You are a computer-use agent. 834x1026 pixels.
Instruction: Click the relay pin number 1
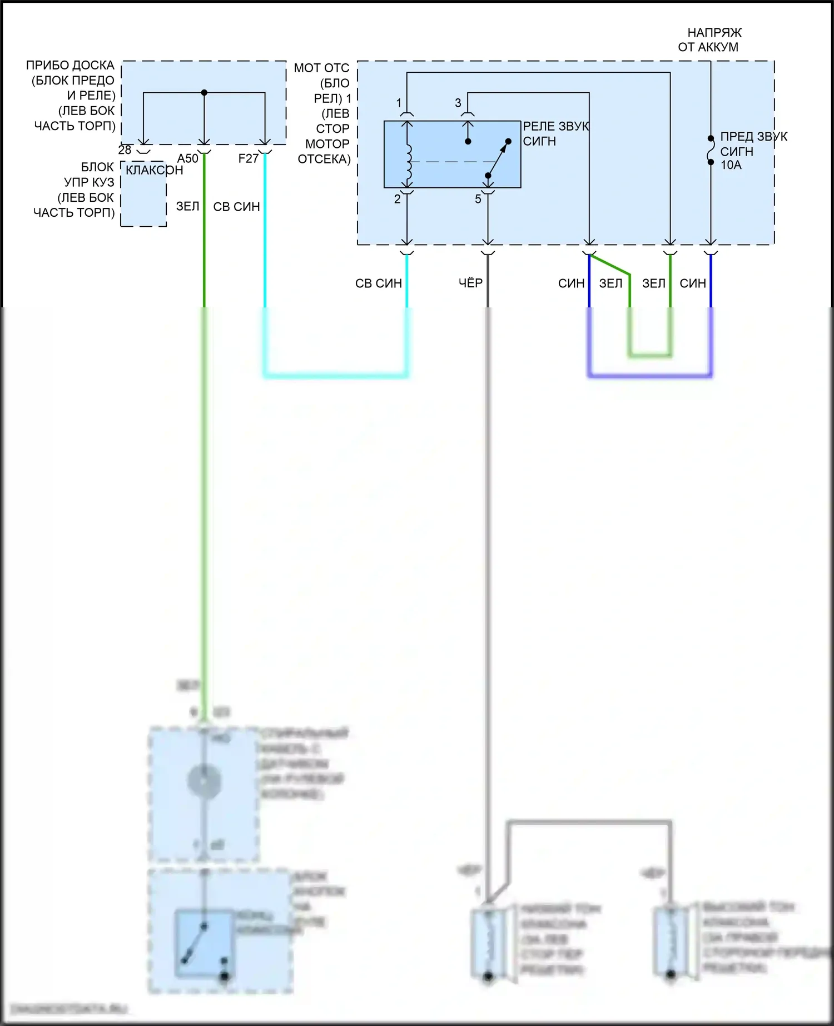coord(399,103)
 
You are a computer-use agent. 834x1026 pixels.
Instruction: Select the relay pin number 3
coord(458,103)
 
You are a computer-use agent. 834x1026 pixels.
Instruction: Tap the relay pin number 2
coord(398,199)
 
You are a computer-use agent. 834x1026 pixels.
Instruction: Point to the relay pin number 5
coord(478,199)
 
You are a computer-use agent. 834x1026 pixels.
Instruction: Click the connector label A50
coord(188,158)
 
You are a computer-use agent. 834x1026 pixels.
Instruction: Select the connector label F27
coord(249,158)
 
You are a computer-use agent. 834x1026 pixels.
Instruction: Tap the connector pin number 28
coord(125,150)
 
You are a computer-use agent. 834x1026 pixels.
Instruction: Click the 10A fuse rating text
coord(731,165)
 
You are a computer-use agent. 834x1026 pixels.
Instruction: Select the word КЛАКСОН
coord(154,170)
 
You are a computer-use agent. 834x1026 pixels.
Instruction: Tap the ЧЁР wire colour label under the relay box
coord(470,283)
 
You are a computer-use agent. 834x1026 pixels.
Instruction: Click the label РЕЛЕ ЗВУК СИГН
coord(555,133)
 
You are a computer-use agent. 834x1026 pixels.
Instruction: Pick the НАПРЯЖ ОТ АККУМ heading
coord(709,40)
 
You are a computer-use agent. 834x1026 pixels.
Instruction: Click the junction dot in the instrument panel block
coord(204,93)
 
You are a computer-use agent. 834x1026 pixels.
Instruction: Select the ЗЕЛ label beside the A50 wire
coord(187,207)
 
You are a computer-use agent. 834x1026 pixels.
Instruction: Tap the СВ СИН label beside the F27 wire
coord(236,207)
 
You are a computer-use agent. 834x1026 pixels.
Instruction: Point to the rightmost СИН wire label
coord(693,283)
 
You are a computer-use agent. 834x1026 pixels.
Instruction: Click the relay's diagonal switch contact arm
coord(499,158)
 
